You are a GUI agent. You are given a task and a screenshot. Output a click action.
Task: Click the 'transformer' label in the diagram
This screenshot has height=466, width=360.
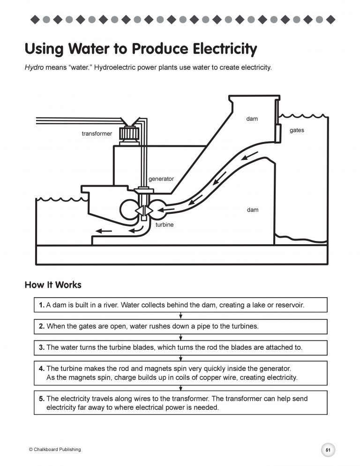pos(97,134)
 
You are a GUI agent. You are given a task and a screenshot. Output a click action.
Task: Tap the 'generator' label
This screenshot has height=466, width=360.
pos(161,179)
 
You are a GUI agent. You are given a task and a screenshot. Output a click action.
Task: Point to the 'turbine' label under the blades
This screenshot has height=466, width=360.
pos(164,225)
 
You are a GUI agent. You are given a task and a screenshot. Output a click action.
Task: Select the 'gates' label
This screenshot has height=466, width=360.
pos(297,130)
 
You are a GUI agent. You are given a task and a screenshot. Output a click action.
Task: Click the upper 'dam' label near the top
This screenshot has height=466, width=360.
pos(252,119)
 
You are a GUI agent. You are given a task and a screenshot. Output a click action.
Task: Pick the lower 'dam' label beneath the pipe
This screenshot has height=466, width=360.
pos(253,210)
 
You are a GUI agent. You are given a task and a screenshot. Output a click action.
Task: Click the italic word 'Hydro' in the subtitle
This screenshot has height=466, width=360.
pos(34,68)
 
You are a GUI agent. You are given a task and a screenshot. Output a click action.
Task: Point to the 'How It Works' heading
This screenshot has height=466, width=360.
pos(52,285)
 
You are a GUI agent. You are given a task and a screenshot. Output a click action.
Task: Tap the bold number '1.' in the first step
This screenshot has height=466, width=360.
pos(42,305)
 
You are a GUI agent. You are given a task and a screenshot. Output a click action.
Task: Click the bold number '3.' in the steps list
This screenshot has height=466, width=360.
pos(42,347)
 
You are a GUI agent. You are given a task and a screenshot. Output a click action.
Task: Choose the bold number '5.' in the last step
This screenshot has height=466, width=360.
pos(42,398)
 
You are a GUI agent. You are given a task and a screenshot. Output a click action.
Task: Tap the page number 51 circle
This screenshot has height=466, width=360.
pos(328,450)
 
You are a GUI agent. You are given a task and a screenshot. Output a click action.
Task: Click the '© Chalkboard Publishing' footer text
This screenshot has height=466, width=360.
pos(55,450)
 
